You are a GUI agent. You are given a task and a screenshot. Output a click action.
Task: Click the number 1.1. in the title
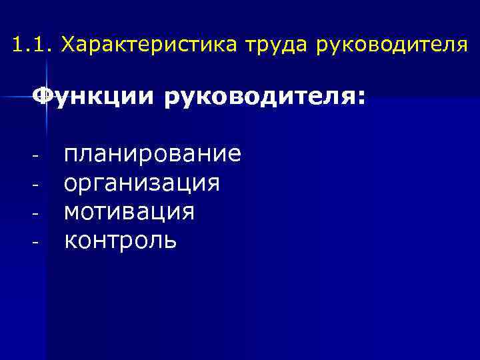[x=32, y=46]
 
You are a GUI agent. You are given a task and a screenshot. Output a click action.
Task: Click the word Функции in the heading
[x=93, y=98]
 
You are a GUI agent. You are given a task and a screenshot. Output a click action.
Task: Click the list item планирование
[x=153, y=155]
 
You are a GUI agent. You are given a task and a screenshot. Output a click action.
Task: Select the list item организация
[x=141, y=183]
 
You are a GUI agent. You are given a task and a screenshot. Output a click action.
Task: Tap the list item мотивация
[x=129, y=211]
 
